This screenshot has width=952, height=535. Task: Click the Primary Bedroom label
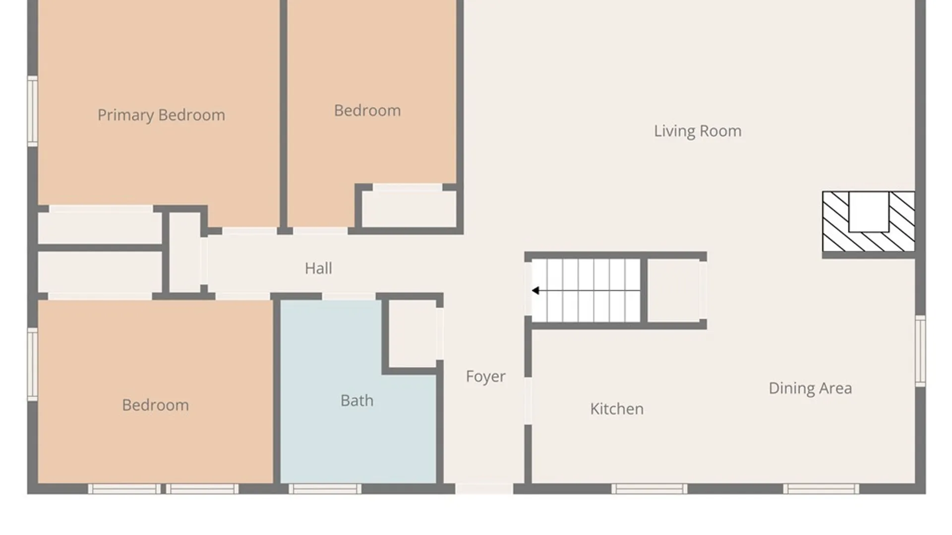coord(161,115)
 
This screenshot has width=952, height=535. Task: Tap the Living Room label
coord(698,131)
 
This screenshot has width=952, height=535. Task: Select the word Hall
coord(318,268)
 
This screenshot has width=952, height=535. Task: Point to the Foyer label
coord(486,376)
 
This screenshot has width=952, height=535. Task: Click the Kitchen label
coord(617,409)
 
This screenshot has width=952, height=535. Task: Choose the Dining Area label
coord(810,388)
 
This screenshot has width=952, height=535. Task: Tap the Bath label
coord(357,401)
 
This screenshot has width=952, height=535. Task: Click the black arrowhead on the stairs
coord(535,291)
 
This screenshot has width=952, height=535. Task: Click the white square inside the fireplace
coord(869,212)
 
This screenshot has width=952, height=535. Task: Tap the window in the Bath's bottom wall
coord(325,489)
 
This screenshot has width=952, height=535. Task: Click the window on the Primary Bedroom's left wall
coord(33,111)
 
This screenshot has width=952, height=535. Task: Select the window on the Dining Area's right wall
coord(920,351)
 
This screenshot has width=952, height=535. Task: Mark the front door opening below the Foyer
coord(484,489)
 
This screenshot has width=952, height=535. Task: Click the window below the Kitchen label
coord(649,489)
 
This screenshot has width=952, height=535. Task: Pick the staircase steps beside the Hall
coord(586,291)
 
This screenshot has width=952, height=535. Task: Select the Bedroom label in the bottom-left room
coord(155,405)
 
